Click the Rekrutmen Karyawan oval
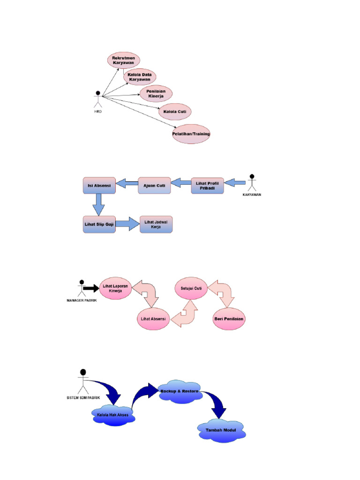[123, 60]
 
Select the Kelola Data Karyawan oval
[140, 77]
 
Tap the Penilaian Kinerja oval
[156, 94]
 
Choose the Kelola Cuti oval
[175, 112]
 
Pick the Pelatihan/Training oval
[191, 134]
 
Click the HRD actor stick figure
[98, 99]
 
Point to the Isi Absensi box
[99, 186]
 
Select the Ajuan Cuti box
[154, 186]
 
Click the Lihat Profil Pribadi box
[208, 186]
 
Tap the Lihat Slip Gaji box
[99, 225]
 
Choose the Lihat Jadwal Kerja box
[156, 225]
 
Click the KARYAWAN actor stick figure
[252, 183]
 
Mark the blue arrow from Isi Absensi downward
[98, 205]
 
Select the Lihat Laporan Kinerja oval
[115, 288]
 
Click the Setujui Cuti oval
[191, 288]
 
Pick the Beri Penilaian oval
[229, 319]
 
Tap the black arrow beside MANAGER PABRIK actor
[91, 288]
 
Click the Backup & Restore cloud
[180, 391]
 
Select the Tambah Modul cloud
[221, 431]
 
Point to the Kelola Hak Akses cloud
[113, 415]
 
